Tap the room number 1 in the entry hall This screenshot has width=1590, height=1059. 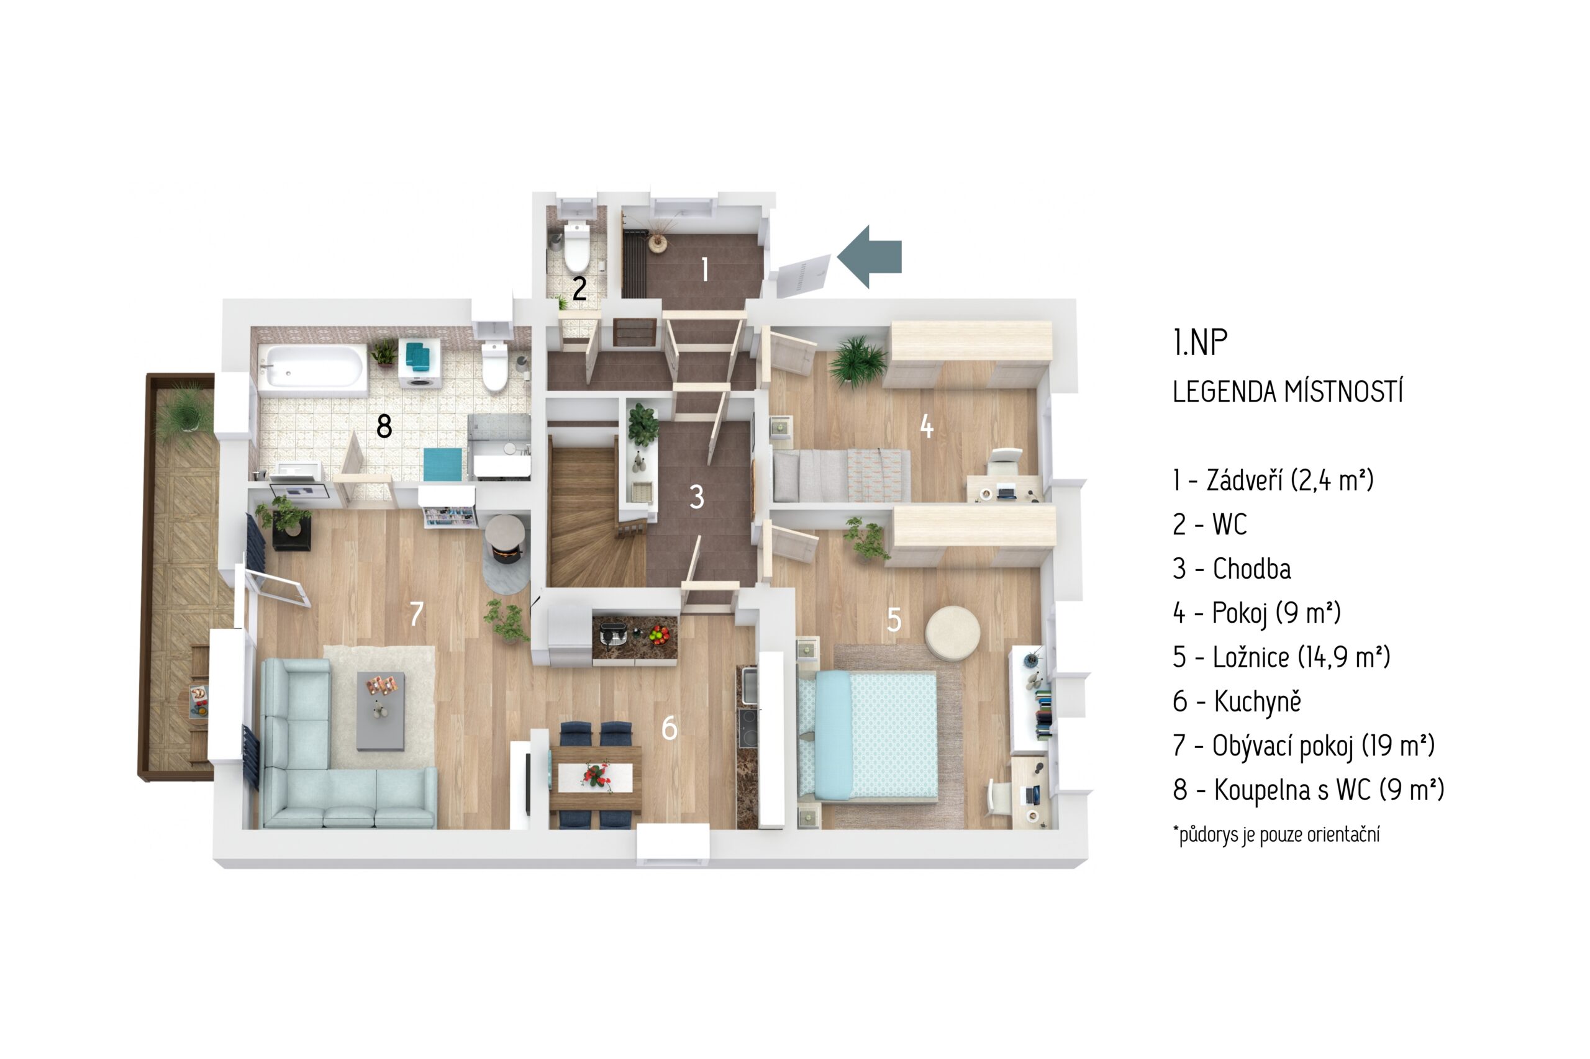[x=705, y=269]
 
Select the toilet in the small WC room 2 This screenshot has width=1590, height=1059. [x=576, y=246]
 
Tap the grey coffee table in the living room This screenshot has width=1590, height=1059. [x=381, y=711]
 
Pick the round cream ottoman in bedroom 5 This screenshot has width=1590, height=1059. [x=952, y=632]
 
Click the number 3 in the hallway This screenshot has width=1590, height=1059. [x=697, y=497]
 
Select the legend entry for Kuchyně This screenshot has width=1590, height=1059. [x=1237, y=701]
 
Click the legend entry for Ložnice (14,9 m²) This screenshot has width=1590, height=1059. [x=1281, y=657]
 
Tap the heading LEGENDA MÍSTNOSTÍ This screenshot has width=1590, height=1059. [x=1288, y=392]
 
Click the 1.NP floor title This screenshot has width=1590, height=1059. [x=1200, y=343]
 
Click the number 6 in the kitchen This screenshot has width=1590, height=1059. [x=669, y=728]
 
